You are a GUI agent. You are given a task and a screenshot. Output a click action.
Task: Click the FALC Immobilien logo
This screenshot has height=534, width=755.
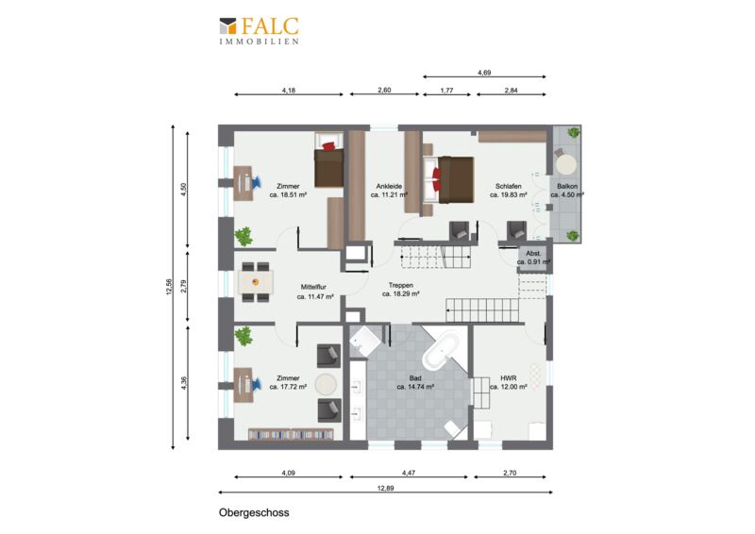pos(259,30)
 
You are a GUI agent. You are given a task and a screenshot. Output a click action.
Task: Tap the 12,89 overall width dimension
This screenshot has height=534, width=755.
pos(385,488)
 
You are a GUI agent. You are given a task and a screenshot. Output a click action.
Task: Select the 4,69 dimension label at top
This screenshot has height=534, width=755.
pos(484,73)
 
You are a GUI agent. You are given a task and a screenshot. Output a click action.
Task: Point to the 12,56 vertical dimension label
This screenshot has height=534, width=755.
pos(169,287)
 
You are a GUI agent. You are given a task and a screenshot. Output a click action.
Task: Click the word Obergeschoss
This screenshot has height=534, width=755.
pos(254,512)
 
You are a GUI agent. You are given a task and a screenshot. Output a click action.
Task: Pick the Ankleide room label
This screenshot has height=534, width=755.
pos(389,187)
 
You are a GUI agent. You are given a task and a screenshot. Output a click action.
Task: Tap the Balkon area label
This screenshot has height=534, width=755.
pos(567,187)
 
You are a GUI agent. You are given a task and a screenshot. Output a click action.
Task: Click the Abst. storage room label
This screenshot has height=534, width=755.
pos(533,253)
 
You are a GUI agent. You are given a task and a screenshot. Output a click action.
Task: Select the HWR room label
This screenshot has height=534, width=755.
pos(509,378)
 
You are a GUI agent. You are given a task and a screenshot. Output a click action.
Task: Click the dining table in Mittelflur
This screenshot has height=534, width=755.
pos(256,282)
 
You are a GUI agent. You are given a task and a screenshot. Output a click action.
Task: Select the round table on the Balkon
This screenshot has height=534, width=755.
pos(566,163)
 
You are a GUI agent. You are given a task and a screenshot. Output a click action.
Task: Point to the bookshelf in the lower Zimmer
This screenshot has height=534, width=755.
pos(291,433)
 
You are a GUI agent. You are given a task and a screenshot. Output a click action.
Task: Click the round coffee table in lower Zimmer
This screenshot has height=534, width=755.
pos(326,384)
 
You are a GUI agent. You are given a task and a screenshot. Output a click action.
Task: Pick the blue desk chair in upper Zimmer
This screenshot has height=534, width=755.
pos(256,182)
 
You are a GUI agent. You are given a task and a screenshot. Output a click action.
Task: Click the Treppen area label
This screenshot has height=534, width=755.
pos(401,286)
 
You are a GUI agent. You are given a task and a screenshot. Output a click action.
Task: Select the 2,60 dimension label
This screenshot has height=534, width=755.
pos(384,90)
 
